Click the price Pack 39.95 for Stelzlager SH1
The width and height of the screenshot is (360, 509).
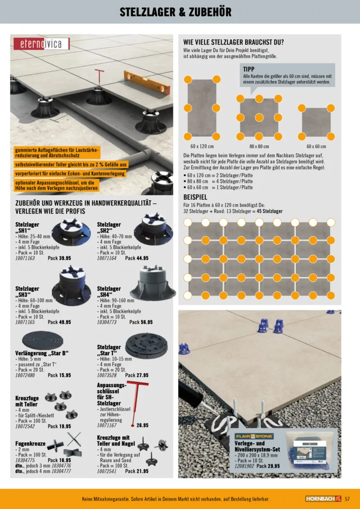59,258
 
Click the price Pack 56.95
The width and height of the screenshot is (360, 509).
141,322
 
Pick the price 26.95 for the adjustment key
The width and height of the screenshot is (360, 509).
142,425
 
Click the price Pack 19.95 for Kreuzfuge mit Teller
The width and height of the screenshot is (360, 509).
59,426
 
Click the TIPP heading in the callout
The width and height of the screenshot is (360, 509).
249,69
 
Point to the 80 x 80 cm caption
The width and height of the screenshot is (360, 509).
259,147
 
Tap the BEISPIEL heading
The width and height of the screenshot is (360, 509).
195,198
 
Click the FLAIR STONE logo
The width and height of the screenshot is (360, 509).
255,436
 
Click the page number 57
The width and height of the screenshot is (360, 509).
347,499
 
